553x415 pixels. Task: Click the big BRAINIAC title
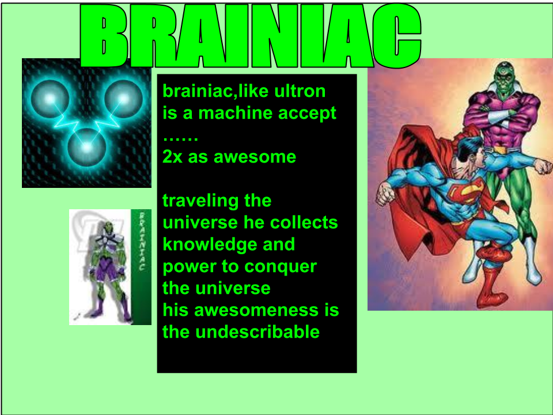[251, 35]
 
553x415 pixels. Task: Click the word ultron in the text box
[300, 91]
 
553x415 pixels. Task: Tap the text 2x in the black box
[172, 157]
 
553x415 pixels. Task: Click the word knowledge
[210, 245]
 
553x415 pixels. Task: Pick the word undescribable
[257, 332]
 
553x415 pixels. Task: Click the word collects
[304, 222]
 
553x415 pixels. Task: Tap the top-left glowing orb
[50, 99]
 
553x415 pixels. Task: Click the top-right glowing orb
[123, 99]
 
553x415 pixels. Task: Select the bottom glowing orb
[87, 147]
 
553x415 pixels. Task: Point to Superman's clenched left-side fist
[384, 194]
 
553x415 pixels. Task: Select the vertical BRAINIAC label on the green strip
[142, 242]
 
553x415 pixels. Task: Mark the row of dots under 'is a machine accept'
[180, 139]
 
